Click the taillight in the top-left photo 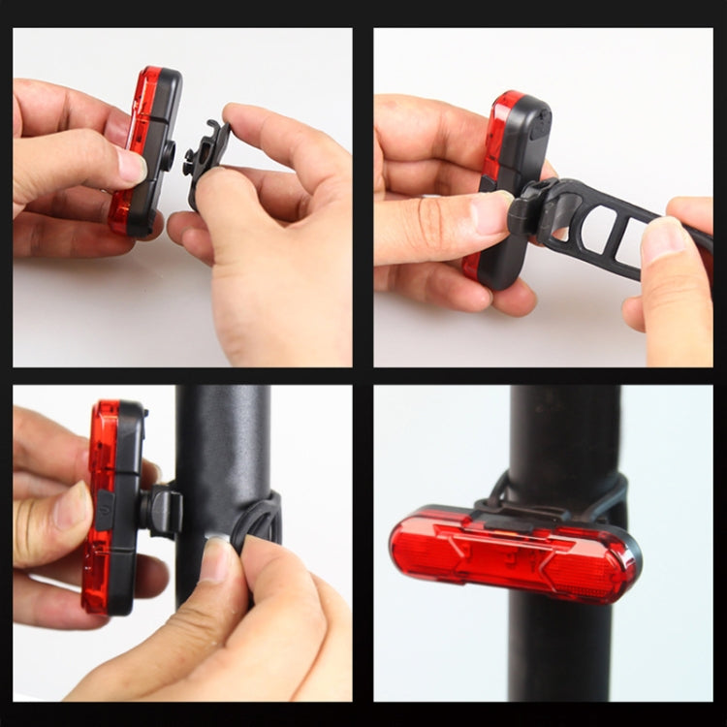[x=145, y=150]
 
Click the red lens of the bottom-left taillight [x=99, y=504]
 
